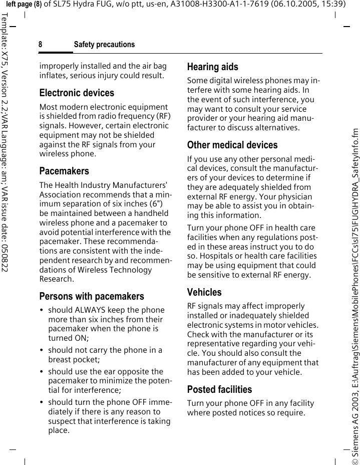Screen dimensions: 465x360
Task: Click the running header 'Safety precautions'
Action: [104, 45]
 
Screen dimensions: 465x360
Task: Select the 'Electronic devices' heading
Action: [77, 93]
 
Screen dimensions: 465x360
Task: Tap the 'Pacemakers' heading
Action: [64, 171]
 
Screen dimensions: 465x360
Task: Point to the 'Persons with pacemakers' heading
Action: [92, 296]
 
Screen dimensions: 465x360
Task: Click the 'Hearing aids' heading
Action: [212, 67]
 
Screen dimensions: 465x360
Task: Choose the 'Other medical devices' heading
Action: [232, 145]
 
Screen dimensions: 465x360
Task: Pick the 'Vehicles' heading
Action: [204, 292]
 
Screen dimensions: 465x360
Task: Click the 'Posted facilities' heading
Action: [219, 389]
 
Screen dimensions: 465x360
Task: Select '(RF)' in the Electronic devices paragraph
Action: [162, 116]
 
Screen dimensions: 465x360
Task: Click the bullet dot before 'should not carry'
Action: [42, 351]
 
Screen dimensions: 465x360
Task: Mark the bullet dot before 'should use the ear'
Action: [42, 372]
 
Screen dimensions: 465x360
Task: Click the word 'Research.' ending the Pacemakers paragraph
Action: [57, 279]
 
